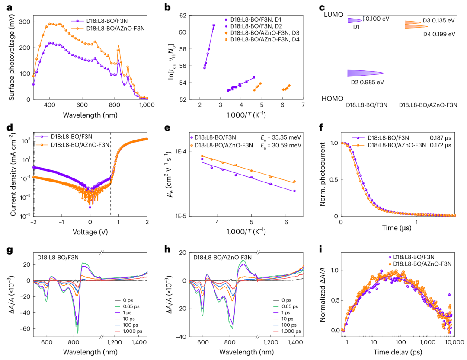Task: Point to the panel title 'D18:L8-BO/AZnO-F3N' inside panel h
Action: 222,257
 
